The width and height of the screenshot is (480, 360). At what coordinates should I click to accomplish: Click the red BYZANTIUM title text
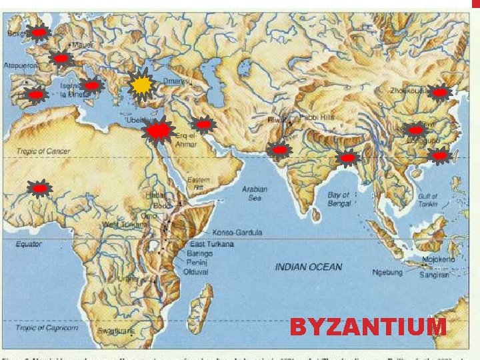tap(368, 327)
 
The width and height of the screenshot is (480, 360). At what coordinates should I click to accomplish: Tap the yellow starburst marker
tap(141, 85)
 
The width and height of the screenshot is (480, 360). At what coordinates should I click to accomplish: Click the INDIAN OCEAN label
tap(309, 267)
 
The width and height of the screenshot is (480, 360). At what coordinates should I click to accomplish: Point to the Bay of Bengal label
tap(339, 199)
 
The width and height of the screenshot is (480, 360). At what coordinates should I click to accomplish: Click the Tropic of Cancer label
tap(43, 151)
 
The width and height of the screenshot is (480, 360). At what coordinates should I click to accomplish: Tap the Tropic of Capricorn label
tap(47, 328)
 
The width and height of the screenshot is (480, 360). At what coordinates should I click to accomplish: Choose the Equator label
tap(29, 244)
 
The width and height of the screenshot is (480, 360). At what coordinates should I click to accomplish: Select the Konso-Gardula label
tap(237, 233)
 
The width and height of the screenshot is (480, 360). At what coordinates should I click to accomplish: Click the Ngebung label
tap(387, 272)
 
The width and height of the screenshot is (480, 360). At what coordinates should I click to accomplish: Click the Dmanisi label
tap(177, 80)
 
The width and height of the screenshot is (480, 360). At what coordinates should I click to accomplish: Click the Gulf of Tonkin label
tap(427, 200)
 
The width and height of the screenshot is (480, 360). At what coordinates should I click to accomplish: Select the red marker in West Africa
tap(41, 189)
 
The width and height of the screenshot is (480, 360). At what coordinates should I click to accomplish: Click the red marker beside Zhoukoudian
tap(439, 93)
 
